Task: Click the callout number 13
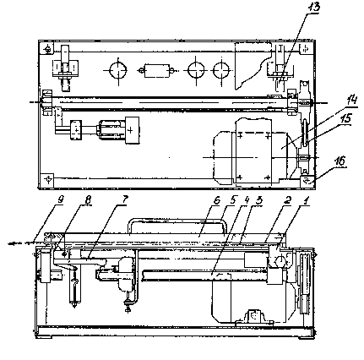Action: [313, 8]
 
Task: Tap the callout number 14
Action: [351, 101]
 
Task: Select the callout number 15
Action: [345, 118]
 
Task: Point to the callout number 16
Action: [340, 161]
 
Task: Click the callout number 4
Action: [247, 200]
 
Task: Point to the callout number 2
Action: [289, 200]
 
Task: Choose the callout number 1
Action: [307, 200]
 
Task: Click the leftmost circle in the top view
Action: [118, 70]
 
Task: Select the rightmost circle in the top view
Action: [221, 70]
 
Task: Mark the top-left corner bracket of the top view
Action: [48, 49]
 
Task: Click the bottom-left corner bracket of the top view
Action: [48, 178]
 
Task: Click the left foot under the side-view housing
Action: [45, 336]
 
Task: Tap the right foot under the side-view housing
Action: [306, 336]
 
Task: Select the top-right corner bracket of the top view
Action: [306, 49]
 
